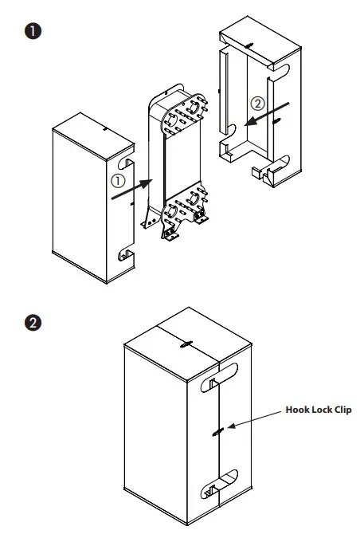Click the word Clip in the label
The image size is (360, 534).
tap(341, 410)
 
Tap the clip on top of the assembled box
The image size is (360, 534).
tap(185, 344)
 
